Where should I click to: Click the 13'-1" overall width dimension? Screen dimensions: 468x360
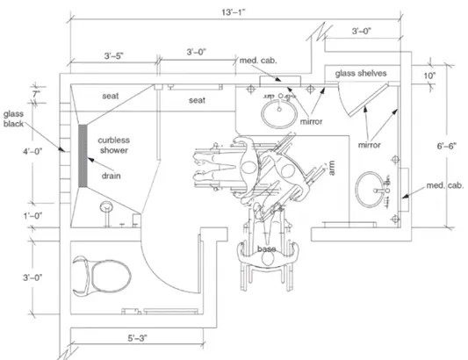[234, 12]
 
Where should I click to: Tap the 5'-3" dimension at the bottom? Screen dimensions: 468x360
[138, 338]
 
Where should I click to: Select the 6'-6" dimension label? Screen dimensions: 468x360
[447, 146]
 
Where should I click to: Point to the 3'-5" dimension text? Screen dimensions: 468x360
[114, 56]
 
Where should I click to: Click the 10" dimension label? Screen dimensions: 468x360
[429, 76]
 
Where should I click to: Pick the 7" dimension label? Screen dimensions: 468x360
[36, 94]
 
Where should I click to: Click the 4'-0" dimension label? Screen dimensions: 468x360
[32, 151]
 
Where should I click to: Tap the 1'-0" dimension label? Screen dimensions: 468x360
[32, 215]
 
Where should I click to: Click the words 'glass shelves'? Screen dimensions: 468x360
[361, 74]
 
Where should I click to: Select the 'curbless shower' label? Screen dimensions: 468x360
[114, 145]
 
